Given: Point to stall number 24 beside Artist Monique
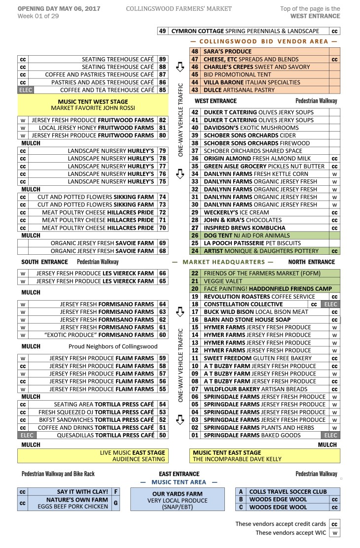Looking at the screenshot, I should tap(195, 251).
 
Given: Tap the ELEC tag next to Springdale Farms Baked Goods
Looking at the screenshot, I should tap(330, 436).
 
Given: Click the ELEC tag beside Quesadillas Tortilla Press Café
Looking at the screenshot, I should tap(25, 436).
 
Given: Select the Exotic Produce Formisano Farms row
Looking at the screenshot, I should tap(99, 335).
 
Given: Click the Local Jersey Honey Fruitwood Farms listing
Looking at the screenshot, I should tap(99, 128).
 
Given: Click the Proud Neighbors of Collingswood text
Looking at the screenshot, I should tap(107, 346).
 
